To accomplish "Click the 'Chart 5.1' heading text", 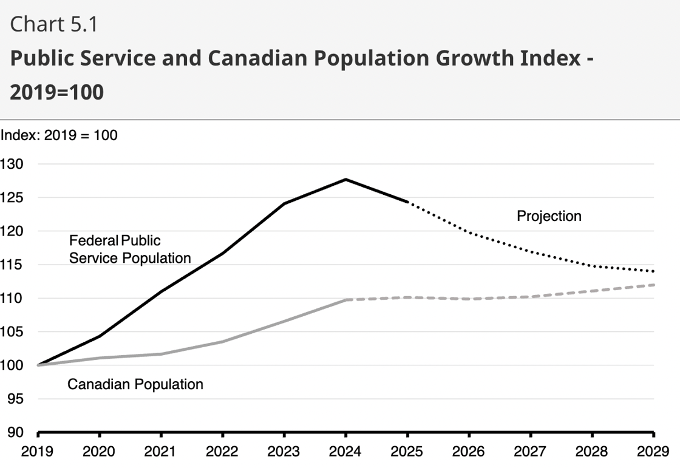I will click(54, 25).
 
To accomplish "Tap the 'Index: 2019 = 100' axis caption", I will click(59, 135).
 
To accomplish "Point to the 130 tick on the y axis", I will click(12, 164).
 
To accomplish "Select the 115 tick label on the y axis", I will click(12, 265).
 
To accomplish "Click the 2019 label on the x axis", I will click(38, 452).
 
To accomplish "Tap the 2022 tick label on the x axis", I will click(223, 452).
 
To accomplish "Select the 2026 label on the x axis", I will click(469, 452).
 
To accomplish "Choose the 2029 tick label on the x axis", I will click(653, 452).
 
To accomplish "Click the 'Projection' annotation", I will click(549, 216).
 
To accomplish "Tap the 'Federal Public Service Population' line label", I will click(129, 249).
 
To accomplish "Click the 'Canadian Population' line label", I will click(135, 384).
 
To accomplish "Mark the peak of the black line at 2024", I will click(345, 179).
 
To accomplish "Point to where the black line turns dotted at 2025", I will click(407, 202).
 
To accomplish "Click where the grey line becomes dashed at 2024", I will click(345, 300).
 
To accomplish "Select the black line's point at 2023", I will click(284, 203).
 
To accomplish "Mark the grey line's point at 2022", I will click(223, 342).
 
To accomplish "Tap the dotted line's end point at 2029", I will click(653, 271).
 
